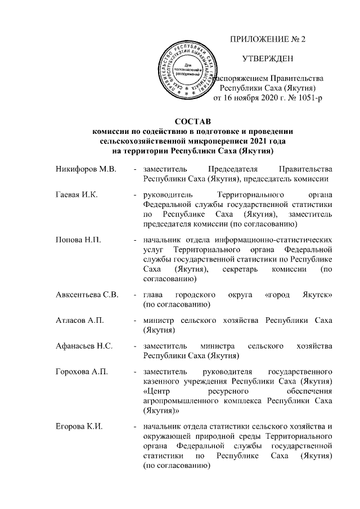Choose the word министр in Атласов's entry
pos(159,321)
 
